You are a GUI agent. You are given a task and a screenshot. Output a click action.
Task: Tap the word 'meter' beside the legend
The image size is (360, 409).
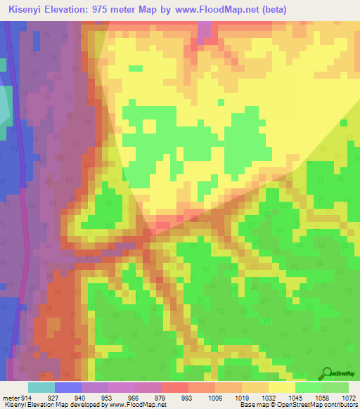point(9,397)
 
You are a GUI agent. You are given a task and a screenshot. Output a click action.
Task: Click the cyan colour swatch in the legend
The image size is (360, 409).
point(41,387)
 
